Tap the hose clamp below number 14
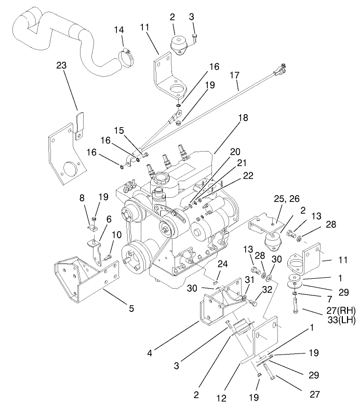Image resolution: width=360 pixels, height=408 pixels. point(127,56)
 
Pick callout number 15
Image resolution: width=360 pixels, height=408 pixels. point(119,131)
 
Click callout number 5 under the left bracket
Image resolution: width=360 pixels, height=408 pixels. point(131,308)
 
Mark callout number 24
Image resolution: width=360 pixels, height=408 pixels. point(222,264)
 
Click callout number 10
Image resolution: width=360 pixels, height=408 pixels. point(117,235)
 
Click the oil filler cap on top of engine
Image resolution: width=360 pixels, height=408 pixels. point(159,180)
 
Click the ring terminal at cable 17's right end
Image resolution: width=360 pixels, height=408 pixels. point(279,66)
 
